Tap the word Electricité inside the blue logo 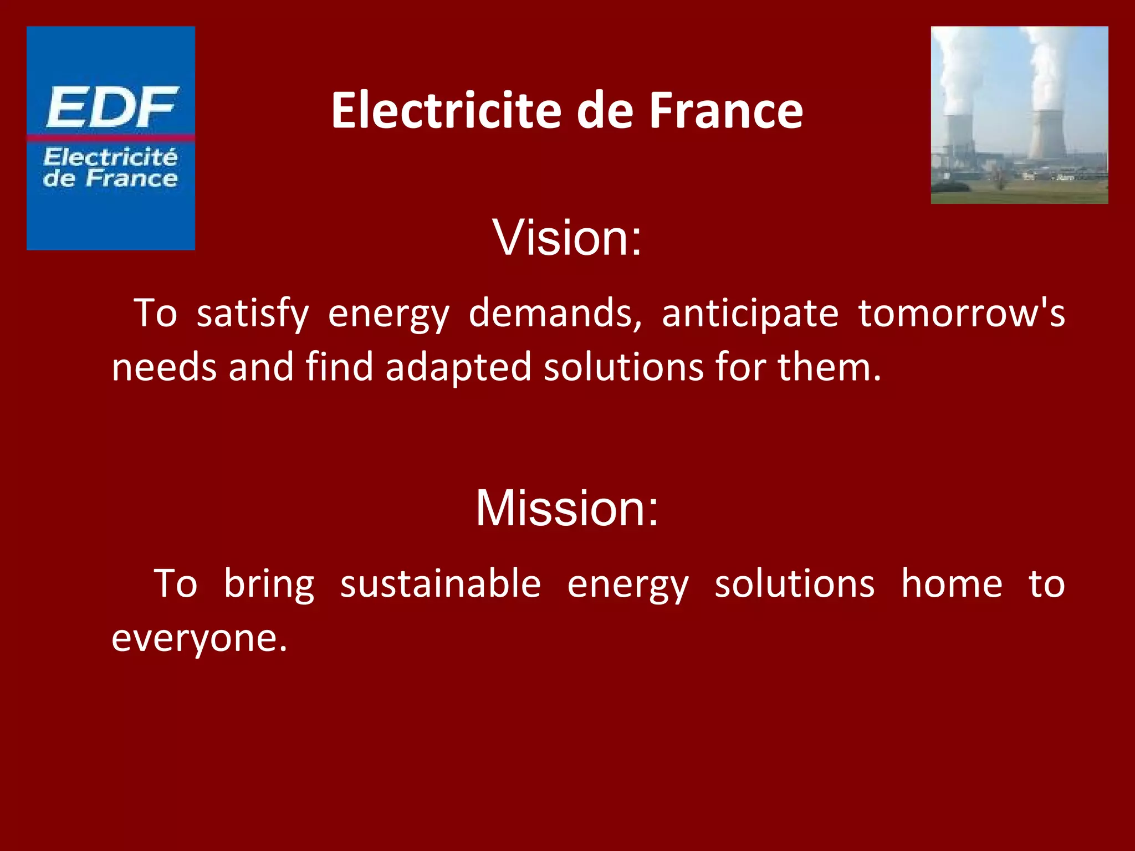pyautogui.click(x=110, y=157)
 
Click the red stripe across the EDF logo pyautogui.click(x=110, y=137)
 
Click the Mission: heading pyautogui.click(x=567, y=508)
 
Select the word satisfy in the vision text pyautogui.click(x=253, y=314)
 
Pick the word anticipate pyautogui.click(x=750, y=314)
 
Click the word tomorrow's pyautogui.click(x=962, y=314)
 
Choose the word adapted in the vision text pyautogui.click(x=458, y=367)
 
